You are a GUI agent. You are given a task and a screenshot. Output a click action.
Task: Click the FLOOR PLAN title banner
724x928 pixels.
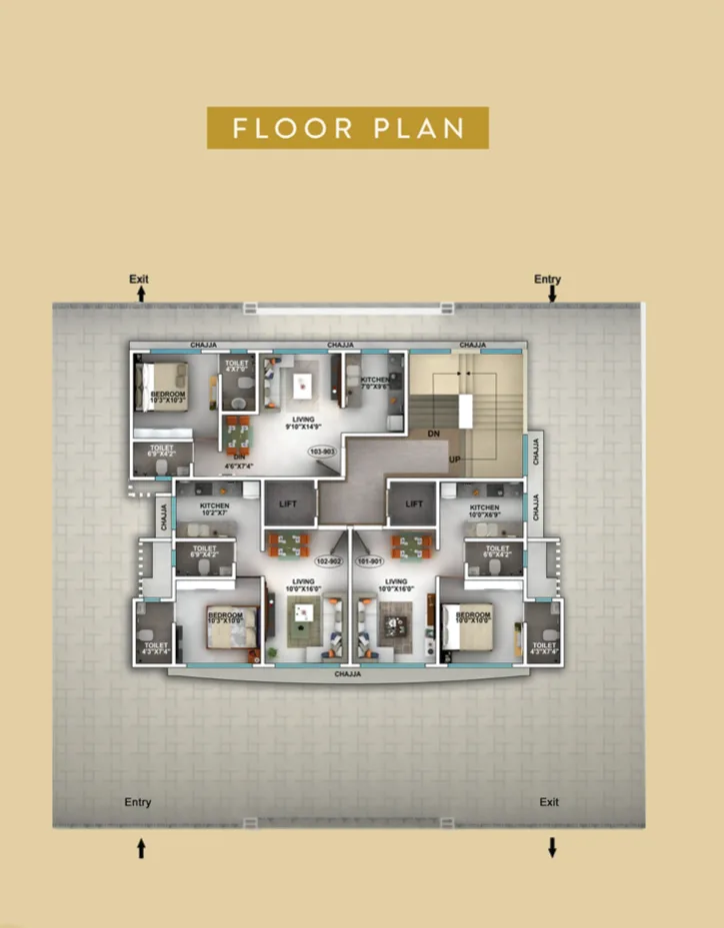click(347, 128)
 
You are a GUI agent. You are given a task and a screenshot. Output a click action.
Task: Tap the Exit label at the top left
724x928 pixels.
click(139, 279)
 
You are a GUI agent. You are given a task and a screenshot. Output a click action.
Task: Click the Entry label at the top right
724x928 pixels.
click(547, 280)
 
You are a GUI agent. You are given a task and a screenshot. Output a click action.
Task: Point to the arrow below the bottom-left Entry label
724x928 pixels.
click(141, 848)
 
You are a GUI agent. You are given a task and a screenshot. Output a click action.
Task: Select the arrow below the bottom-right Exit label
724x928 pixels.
click(551, 848)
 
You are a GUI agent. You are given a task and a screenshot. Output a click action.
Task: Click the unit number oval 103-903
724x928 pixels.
click(322, 452)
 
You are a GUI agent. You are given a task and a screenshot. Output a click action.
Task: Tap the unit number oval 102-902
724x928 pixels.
click(329, 561)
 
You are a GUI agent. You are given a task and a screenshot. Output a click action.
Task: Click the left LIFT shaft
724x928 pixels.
click(289, 504)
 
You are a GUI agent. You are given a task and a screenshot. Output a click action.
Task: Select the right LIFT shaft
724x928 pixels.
click(414, 504)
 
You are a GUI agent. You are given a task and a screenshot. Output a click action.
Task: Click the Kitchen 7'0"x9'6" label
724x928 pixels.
click(375, 384)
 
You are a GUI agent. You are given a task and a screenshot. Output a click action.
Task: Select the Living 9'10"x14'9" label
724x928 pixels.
click(298, 424)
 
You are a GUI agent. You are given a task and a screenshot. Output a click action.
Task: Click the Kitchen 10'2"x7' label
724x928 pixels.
click(214, 509)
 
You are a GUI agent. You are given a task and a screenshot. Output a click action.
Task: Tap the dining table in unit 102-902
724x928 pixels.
click(288, 545)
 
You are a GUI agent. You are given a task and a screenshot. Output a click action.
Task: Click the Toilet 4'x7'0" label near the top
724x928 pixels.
click(237, 367)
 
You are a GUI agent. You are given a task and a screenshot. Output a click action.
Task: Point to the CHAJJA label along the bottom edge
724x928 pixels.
click(347, 674)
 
